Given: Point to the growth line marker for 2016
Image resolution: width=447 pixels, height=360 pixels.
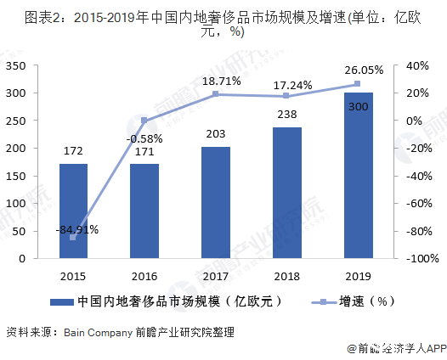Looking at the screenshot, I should pos(144,121).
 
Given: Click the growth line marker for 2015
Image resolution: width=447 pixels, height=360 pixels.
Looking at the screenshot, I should pos(73,238).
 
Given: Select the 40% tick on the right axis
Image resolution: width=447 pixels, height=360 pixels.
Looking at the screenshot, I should pos(416,65).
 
